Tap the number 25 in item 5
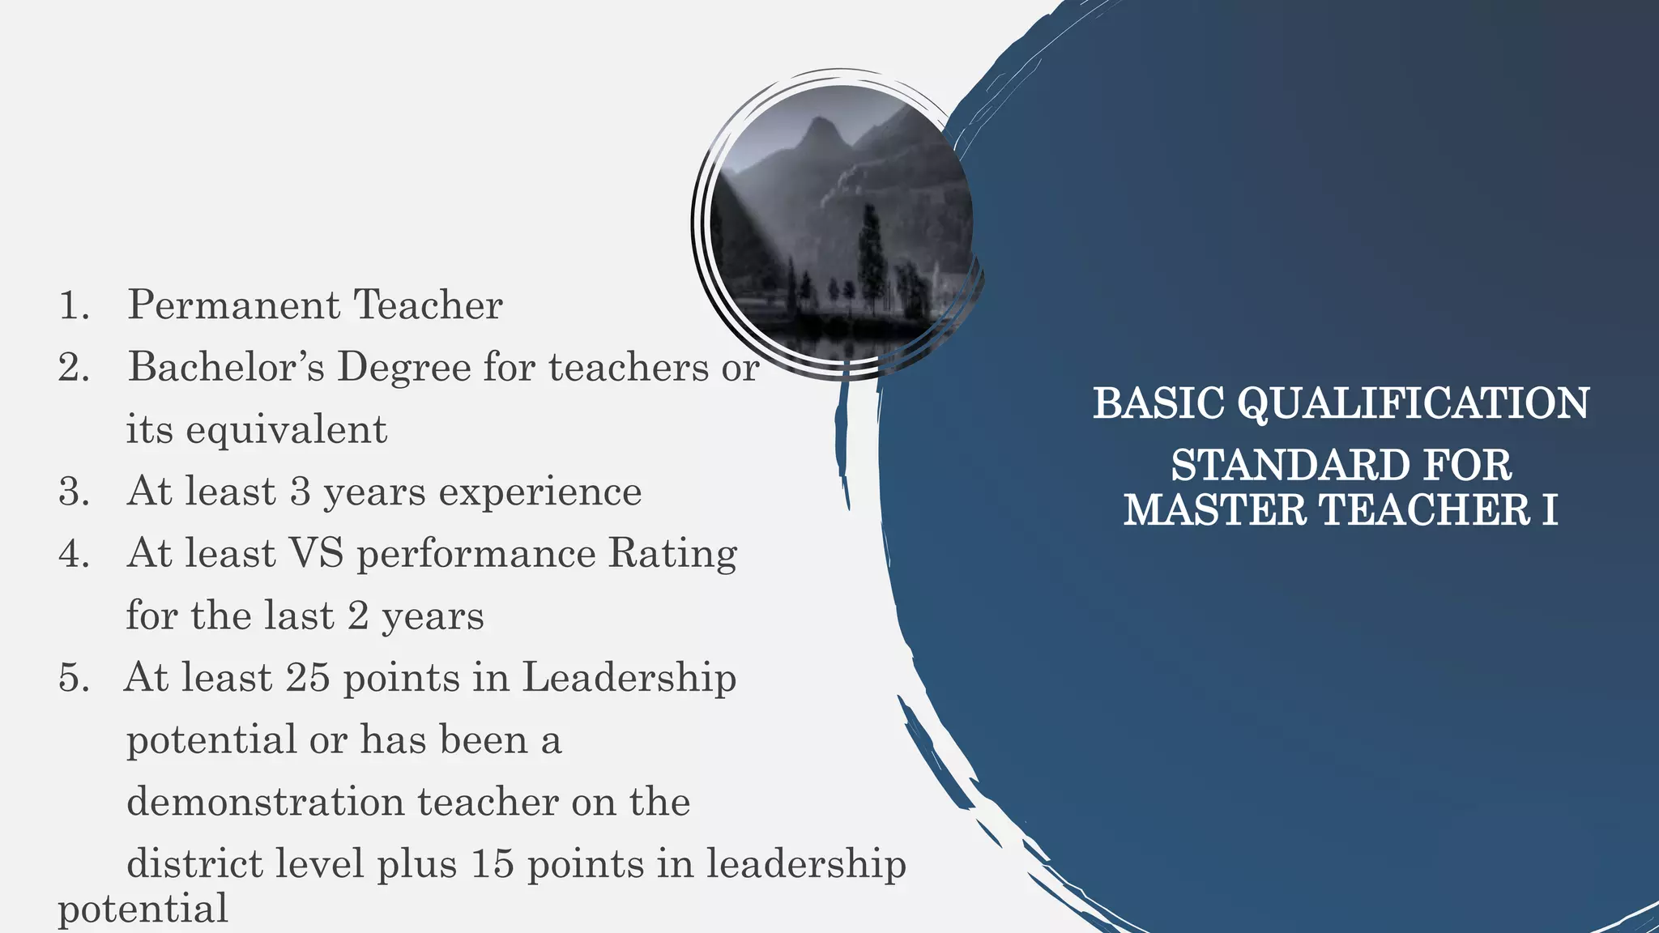click(308, 678)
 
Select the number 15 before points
click(492, 864)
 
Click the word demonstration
click(265, 802)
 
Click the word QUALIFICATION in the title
click(1414, 403)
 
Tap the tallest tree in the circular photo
click(870, 251)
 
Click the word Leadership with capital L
click(629, 678)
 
